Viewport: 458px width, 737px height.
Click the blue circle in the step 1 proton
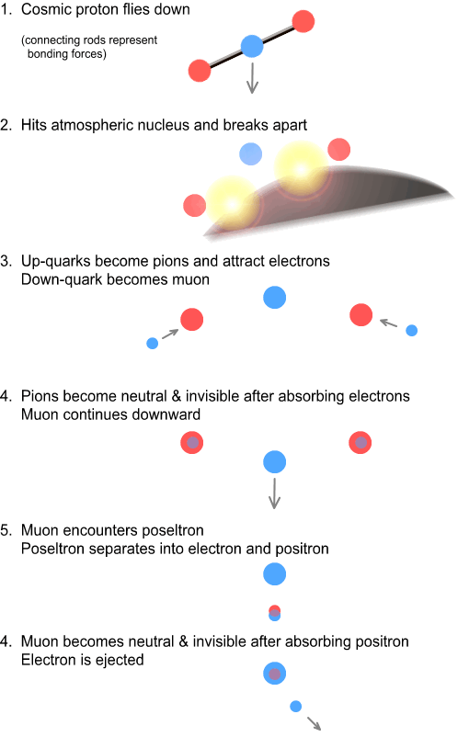coord(252,46)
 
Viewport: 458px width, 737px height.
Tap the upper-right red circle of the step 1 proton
coord(303,21)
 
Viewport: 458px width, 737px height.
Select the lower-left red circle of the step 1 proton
coord(200,71)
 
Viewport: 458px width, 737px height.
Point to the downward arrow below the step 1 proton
coord(253,78)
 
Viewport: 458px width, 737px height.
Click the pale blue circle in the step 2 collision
coord(251,153)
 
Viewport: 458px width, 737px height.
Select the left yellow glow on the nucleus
coord(231,203)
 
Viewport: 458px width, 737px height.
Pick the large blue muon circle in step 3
coord(275,298)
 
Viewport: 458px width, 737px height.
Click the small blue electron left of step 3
coord(153,343)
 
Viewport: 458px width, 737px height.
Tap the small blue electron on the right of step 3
coord(411,331)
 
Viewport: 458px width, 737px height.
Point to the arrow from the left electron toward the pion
coord(170,334)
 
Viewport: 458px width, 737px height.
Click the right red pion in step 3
coord(361,315)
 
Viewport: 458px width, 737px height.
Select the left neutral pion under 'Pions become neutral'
coord(192,442)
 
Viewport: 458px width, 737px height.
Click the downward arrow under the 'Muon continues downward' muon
coord(274,493)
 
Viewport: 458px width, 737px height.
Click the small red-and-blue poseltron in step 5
coord(275,613)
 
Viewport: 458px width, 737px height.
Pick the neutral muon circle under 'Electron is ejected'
coord(275,673)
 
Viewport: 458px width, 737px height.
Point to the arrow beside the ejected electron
coord(315,723)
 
